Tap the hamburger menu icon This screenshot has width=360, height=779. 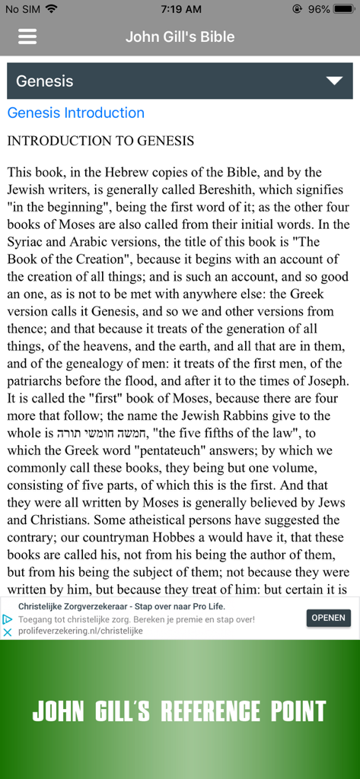pyautogui.click(x=27, y=37)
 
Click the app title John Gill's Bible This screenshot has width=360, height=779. pyautogui.click(x=180, y=37)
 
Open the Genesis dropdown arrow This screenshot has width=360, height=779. pyautogui.click(x=333, y=81)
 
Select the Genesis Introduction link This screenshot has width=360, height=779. pyautogui.click(x=75, y=113)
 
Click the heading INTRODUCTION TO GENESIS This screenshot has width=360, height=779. pyautogui.click(x=100, y=141)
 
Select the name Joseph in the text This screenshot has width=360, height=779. pyautogui.click(x=328, y=380)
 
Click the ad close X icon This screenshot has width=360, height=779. pyautogui.click(x=8, y=633)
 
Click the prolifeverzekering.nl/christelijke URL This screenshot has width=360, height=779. pyautogui.click(x=81, y=631)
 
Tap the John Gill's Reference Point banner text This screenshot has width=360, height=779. pyautogui.click(x=180, y=711)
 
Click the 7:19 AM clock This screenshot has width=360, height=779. pyautogui.click(x=181, y=9)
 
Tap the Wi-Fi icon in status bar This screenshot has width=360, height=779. pyautogui.click(x=51, y=9)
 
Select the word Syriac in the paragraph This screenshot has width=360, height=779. pyautogui.click(x=27, y=242)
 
